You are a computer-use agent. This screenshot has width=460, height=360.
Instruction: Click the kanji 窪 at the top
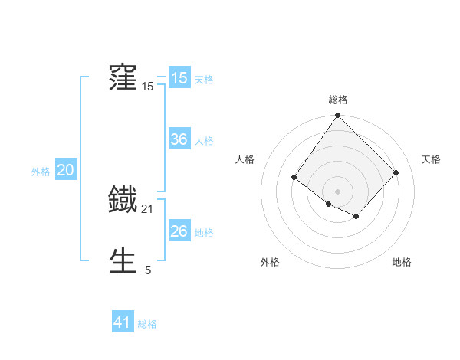tap(123, 77)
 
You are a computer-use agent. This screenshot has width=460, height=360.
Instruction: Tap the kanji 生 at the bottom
tap(123, 261)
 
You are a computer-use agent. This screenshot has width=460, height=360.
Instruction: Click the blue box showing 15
tap(179, 78)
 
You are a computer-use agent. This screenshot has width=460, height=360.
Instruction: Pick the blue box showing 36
tap(179, 139)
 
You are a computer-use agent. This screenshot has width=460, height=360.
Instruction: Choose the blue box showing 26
tap(179, 231)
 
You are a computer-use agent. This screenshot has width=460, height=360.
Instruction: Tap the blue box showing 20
tap(65, 170)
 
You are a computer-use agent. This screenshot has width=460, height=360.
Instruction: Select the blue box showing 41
tap(123, 322)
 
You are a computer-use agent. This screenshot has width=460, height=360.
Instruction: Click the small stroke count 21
tap(148, 208)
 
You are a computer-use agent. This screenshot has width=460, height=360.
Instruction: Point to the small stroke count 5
tap(148, 270)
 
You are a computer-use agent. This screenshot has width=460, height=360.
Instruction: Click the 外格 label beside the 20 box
tap(41, 172)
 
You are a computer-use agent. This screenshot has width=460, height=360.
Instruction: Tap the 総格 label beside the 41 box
tap(147, 324)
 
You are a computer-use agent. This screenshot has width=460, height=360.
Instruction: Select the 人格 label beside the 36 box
tap(204, 141)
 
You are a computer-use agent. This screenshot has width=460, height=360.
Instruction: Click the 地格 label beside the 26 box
tap(204, 233)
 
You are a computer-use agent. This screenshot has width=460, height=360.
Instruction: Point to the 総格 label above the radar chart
tap(338, 100)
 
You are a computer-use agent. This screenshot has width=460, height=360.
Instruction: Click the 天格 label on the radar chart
tap(431, 159)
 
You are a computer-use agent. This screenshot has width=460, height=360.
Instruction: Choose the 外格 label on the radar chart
tap(270, 262)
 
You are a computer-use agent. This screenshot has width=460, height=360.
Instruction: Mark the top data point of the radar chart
tap(338, 116)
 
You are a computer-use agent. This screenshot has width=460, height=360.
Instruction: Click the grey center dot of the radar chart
tap(338, 191)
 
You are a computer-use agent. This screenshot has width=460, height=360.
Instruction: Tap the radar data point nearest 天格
tap(396, 172)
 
